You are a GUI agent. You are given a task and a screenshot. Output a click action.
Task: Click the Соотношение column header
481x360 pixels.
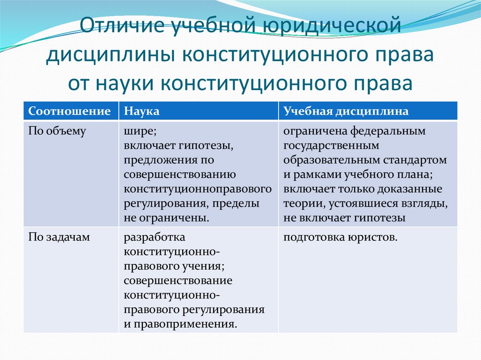point(70,111)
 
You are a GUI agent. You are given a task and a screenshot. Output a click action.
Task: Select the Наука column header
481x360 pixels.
point(141,111)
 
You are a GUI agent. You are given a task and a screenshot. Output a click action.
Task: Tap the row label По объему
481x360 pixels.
point(57,131)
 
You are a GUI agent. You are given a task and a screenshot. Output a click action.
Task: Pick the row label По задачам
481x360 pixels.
point(59,238)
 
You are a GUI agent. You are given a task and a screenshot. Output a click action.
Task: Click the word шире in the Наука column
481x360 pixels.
point(137,131)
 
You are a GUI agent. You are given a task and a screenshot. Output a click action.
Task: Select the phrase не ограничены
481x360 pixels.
point(167,218)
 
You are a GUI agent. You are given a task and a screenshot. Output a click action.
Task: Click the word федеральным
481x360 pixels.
point(389,131)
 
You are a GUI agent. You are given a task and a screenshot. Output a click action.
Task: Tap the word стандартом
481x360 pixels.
point(420,161)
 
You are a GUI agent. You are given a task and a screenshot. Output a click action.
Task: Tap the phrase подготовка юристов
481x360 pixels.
point(340,238)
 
